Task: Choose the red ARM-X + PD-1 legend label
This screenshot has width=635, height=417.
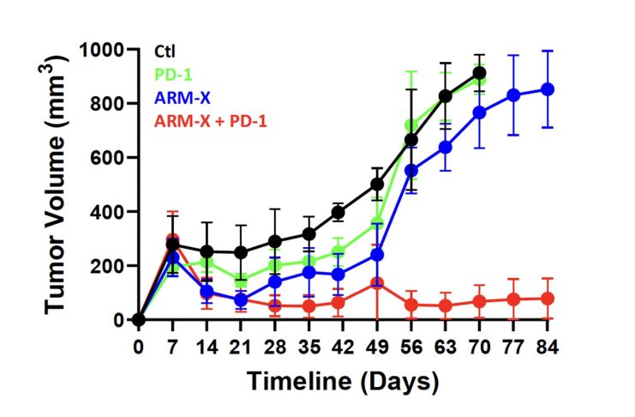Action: tap(210, 121)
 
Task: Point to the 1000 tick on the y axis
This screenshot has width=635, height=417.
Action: tap(104, 50)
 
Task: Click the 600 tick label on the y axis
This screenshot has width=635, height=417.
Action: tap(109, 158)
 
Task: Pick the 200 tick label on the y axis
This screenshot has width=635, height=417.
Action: tap(109, 266)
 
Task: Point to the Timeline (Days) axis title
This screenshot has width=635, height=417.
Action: tap(344, 380)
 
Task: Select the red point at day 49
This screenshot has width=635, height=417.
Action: tap(377, 283)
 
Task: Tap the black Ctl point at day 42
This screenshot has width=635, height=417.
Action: tap(338, 212)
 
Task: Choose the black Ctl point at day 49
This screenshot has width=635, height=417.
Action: tap(377, 184)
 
